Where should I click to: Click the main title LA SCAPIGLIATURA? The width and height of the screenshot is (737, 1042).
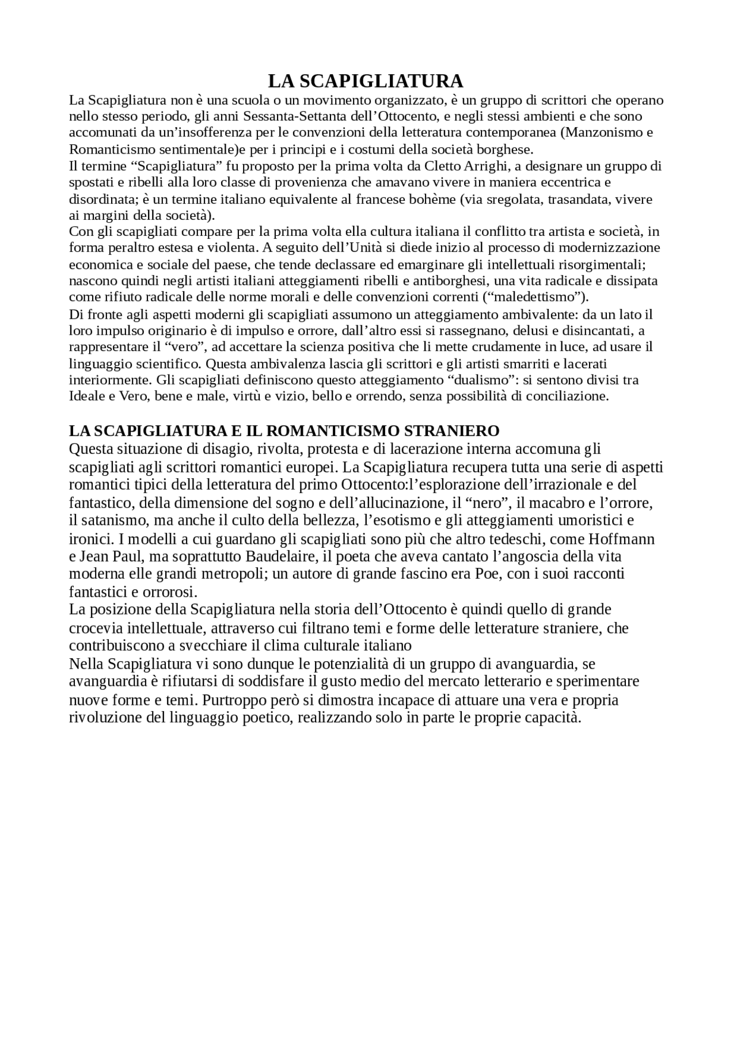366,80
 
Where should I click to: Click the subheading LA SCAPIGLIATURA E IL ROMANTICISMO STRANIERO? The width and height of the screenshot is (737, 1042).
284,431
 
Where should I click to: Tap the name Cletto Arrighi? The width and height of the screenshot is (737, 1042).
468,166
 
